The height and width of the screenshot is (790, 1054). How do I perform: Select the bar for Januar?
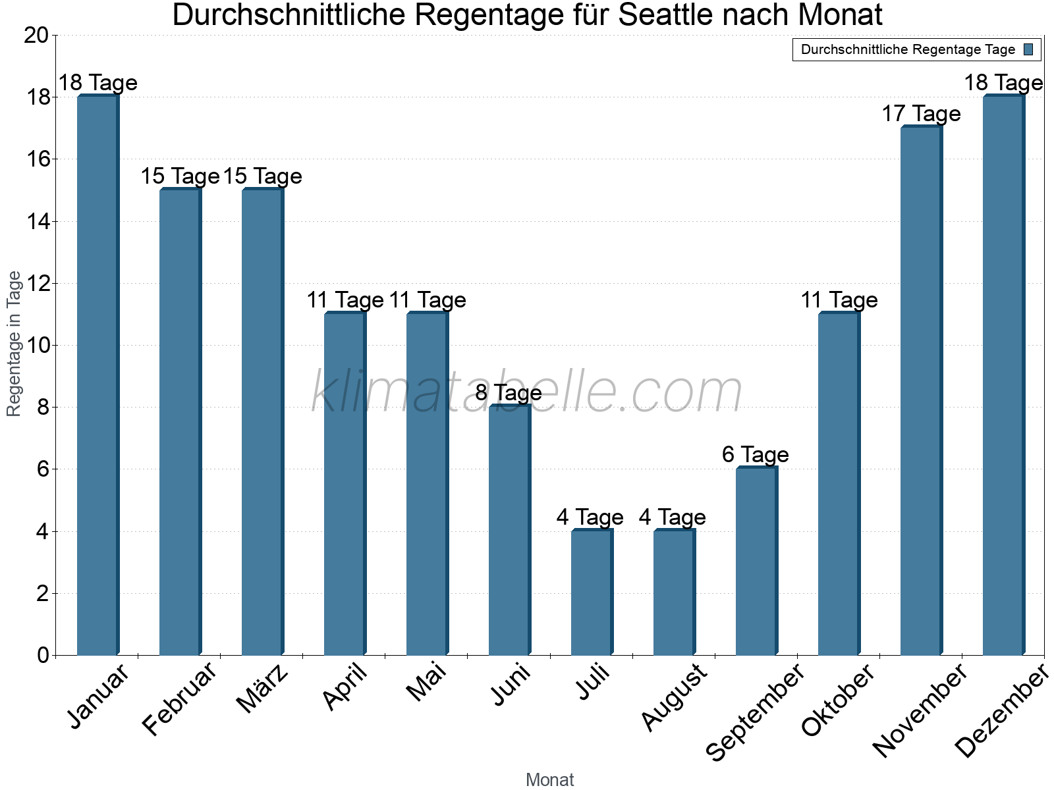click(x=98, y=375)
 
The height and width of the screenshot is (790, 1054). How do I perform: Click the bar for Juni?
click(x=510, y=530)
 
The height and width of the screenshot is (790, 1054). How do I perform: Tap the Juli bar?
click(x=592, y=592)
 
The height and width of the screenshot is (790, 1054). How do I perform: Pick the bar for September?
click(x=757, y=561)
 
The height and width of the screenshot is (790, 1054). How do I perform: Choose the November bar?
click(x=922, y=390)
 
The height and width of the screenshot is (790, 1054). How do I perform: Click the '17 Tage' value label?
click(x=921, y=114)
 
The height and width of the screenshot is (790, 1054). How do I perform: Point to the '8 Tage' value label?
click(x=509, y=393)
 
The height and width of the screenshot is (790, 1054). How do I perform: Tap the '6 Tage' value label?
click(x=755, y=455)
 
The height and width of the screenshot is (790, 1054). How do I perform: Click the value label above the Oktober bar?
click(x=839, y=300)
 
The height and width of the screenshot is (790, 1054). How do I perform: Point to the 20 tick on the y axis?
click(x=36, y=35)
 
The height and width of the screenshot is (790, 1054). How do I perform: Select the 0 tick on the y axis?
click(x=43, y=655)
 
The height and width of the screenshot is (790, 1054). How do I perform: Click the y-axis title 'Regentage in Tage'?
click(x=14, y=344)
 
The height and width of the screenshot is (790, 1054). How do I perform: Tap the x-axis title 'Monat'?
click(x=549, y=780)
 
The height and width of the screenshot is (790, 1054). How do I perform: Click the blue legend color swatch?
click(x=1028, y=49)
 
